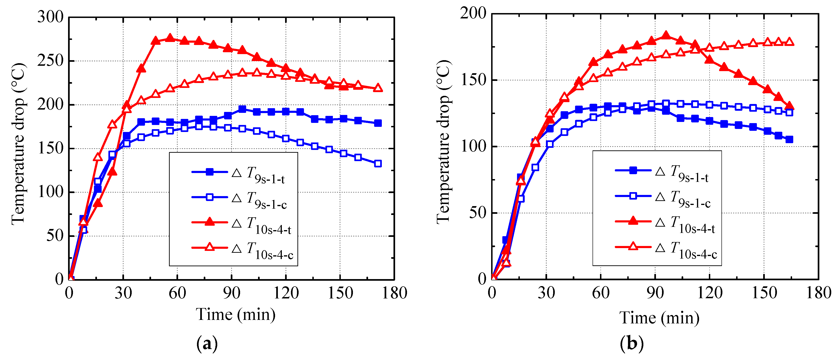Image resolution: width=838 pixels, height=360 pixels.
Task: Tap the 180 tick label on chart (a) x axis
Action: [394, 293]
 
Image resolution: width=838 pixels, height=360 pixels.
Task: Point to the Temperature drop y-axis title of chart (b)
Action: [443, 142]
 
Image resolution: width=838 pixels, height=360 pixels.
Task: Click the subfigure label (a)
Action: [207, 344]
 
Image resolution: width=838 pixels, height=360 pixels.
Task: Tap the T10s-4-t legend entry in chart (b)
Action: [665, 222]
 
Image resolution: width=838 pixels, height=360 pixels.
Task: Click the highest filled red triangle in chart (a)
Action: [170, 38]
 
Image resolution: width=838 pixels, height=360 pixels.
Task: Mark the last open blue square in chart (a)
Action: [378, 163]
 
